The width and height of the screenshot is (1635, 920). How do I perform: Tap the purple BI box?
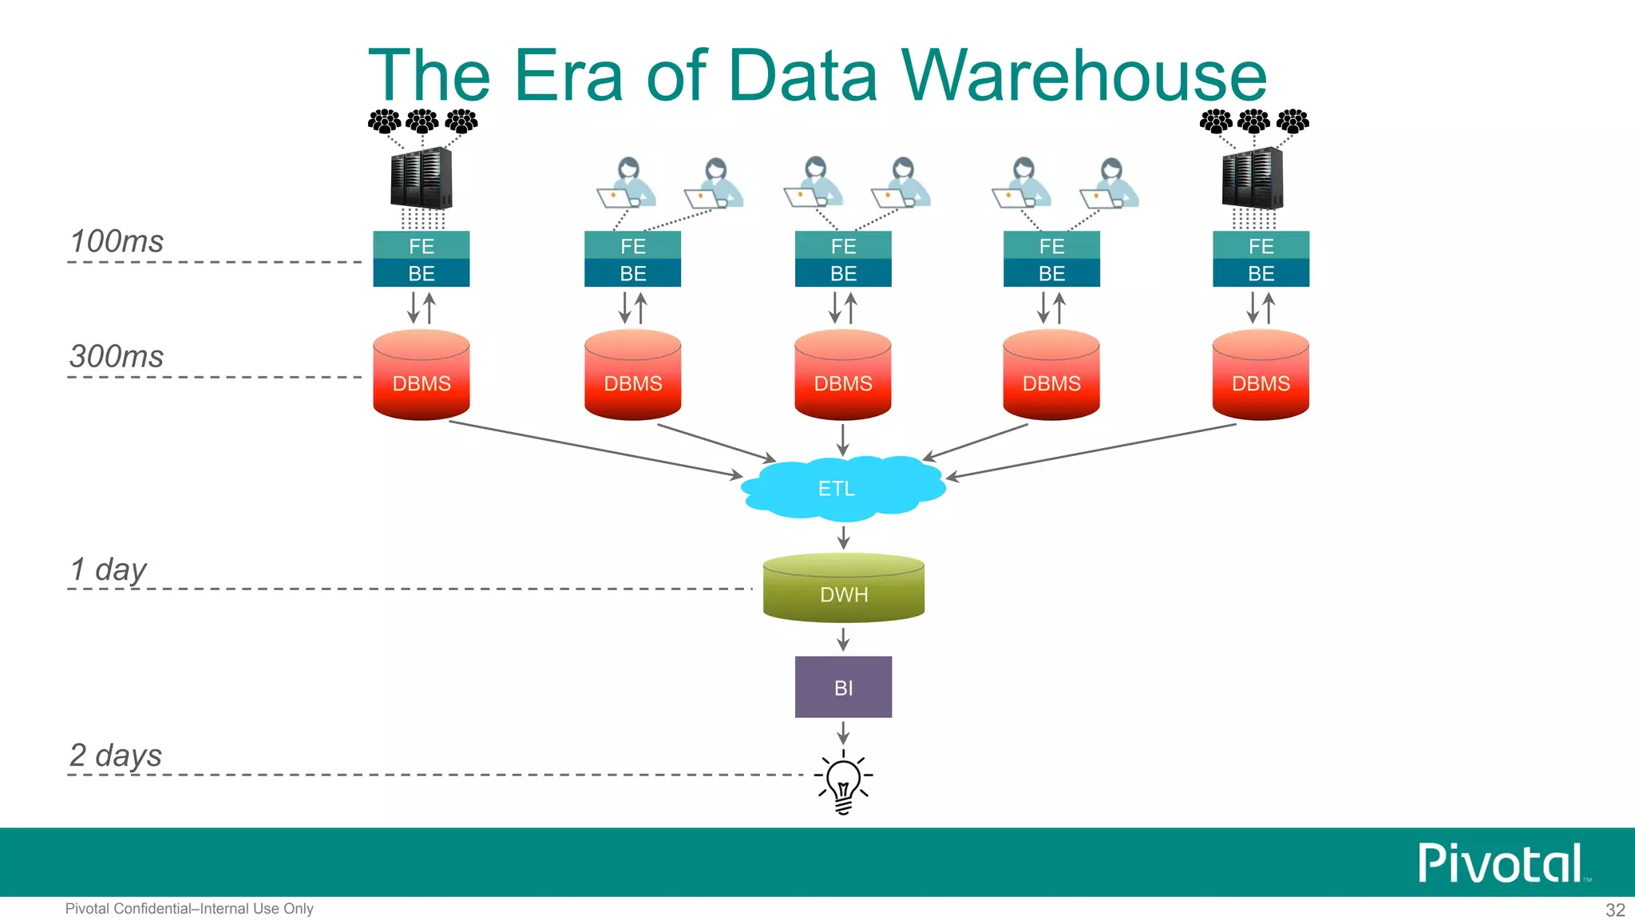coord(843,687)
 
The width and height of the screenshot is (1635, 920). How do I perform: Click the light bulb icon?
coord(843,783)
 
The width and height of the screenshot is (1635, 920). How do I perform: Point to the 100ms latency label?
coord(117,241)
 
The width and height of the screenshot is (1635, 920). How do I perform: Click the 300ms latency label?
coord(117,356)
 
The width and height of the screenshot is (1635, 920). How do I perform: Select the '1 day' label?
coord(109,570)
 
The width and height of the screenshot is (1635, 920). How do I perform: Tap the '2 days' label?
coord(116,755)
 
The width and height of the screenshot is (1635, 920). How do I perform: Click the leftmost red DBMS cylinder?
coord(422,377)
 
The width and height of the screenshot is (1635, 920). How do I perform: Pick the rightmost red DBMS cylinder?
coord(1261,377)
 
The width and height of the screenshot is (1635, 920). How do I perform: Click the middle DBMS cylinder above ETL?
coord(843,377)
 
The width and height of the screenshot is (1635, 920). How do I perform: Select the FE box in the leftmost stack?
coord(422,245)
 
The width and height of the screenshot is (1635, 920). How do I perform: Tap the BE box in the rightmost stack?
coord(1261,273)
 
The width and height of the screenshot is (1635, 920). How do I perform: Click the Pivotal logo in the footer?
coord(1501,863)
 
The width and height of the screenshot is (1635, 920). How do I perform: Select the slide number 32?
coord(1615,910)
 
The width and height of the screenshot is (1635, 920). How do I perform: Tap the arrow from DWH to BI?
coord(843,639)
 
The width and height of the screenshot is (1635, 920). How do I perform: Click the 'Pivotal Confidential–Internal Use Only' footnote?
coord(189,909)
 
